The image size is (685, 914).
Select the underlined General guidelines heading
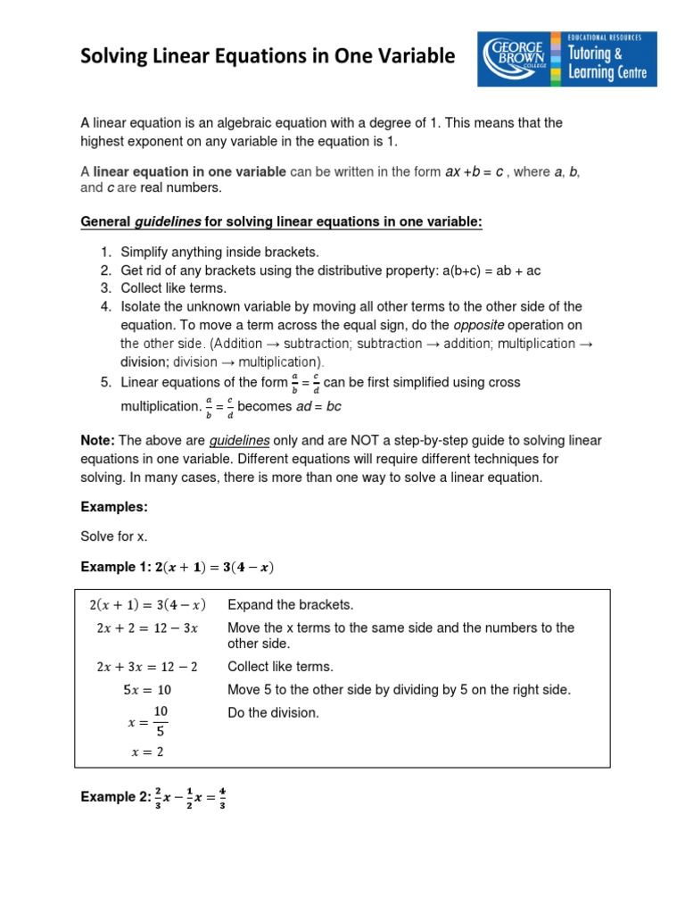(281, 221)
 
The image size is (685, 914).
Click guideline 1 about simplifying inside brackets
(219, 253)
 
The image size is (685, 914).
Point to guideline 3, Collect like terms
(174, 288)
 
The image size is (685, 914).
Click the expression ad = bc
(318, 406)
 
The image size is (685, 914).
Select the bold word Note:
(98, 441)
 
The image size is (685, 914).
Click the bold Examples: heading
(114, 506)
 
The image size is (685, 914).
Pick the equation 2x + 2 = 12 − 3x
(147, 627)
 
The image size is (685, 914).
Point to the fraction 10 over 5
(161, 720)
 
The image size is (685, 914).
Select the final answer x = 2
(147, 752)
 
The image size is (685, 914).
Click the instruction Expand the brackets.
(291, 604)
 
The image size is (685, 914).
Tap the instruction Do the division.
(273, 712)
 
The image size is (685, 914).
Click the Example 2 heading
(153, 797)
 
